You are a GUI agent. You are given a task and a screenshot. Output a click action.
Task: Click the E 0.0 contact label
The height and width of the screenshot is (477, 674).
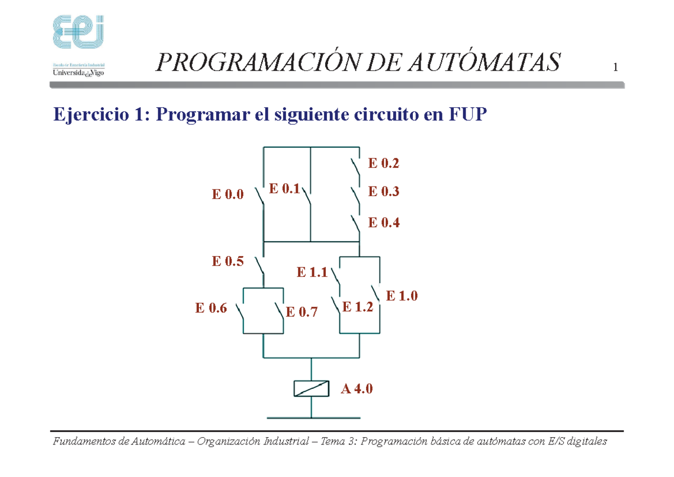coord(227,195)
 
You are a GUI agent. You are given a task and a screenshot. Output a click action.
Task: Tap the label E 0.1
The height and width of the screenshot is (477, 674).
coord(284,189)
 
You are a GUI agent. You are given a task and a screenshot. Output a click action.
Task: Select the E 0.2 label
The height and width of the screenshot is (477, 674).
coord(384,163)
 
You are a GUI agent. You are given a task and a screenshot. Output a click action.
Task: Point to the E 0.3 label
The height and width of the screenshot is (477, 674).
coord(384,192)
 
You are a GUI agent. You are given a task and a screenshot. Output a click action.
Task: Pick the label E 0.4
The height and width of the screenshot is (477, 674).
coord(384,222)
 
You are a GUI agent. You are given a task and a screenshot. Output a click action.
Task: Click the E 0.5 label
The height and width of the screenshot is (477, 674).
coord(227,261)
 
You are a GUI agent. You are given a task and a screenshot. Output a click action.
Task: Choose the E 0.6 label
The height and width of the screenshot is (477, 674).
coord(211,308)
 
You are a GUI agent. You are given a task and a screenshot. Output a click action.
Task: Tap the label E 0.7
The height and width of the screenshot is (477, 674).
coord(302,312)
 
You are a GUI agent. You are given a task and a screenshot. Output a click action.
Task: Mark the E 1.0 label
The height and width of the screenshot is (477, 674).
coord(402,296)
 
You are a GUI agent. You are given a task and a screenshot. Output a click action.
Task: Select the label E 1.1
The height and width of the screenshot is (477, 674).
coord(312,273)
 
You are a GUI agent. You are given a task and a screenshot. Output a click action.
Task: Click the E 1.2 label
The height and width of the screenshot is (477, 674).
coord(357,307)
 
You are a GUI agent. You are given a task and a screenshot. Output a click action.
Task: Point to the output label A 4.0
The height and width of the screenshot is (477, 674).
coord(357,389)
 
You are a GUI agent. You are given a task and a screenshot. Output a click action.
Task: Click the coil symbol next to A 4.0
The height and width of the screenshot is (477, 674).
coord(311,389)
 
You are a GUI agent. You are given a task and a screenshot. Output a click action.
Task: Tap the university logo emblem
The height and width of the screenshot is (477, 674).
coord(78,33)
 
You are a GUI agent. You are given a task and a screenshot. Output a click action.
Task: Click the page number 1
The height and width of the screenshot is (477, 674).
coord(616,69)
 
